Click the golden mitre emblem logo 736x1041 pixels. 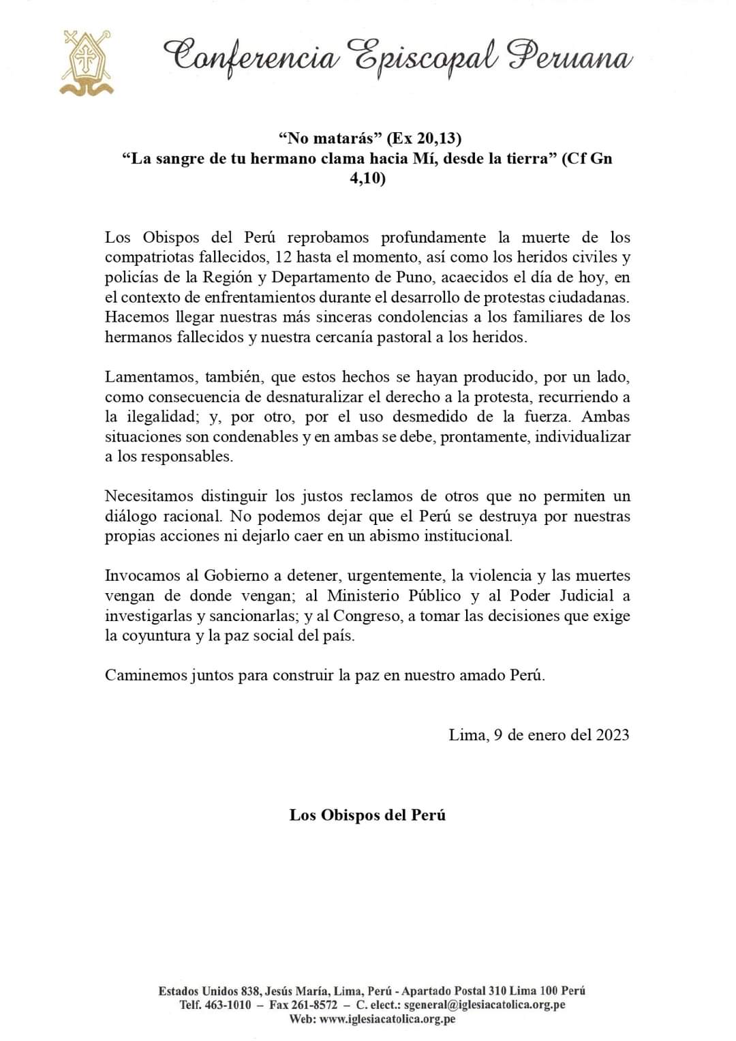(86, 63)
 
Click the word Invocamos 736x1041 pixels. (138, 576)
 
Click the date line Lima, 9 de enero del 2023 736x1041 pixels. (538, 735)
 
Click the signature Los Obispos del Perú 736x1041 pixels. (367, 815)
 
